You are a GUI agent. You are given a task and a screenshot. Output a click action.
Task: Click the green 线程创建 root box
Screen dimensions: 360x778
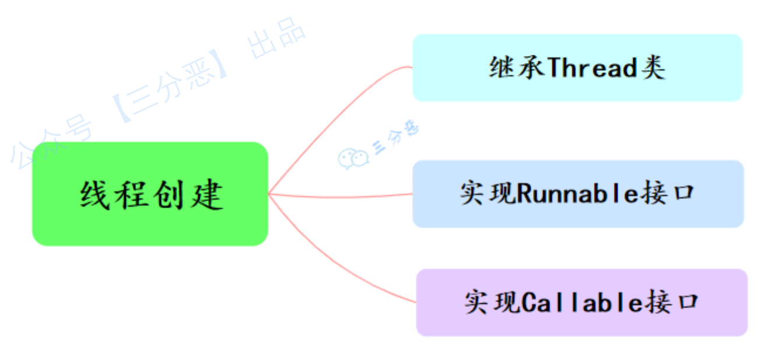point(150,194)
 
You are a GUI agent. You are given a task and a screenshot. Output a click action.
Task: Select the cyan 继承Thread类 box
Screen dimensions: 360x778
point(577,68)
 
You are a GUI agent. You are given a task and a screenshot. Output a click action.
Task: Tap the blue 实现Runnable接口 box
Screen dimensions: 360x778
point(578,194)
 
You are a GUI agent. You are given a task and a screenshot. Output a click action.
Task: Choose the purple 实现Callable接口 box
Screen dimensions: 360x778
point(581,302)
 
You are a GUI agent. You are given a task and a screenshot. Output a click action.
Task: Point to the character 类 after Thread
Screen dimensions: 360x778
point(653,68)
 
